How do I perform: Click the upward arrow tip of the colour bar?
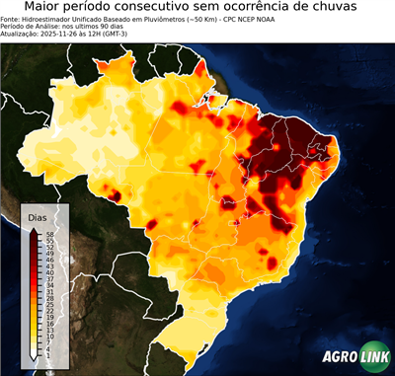coord(35,227)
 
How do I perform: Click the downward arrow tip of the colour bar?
coord(35,356)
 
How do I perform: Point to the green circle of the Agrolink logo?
coord(375,357)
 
